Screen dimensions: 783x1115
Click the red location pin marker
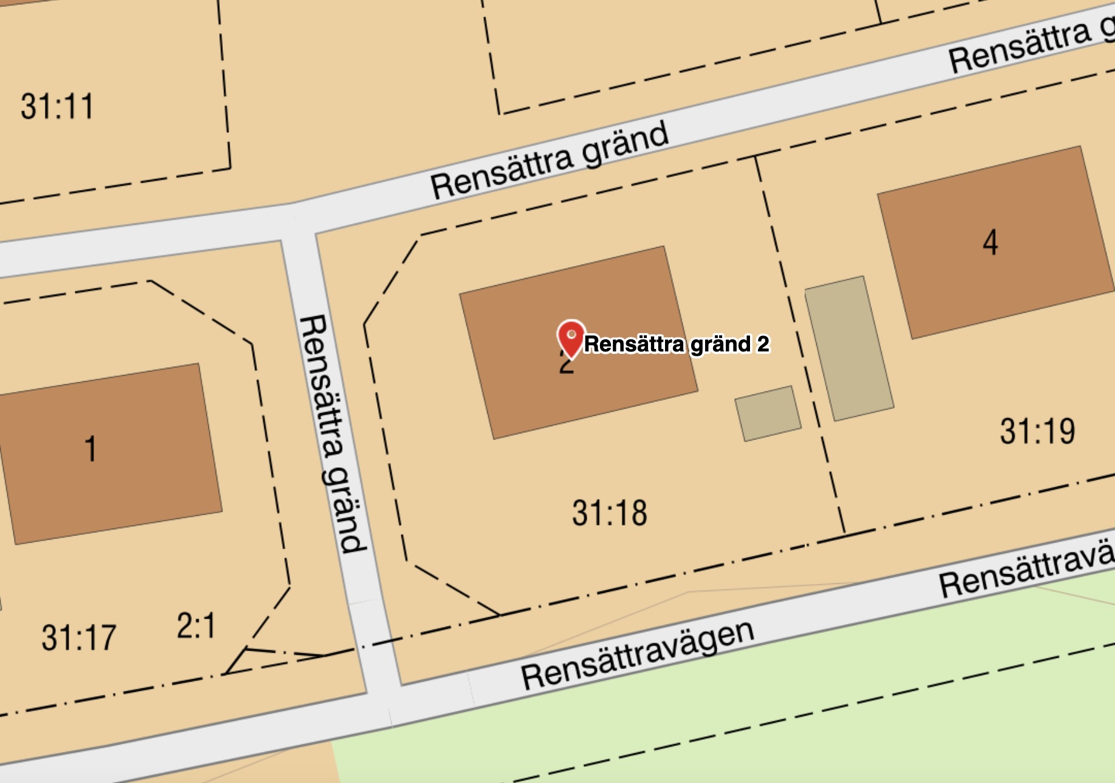pyautogui.click(x=571, y=337)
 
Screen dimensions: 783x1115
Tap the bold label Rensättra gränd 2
pyautogui.click(x=677, y=344)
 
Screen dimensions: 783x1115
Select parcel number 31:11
pyautogui.click(x=57, y=106)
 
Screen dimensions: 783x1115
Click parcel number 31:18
pyautogui.click(x=610, y=513)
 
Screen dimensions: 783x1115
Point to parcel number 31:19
pyautogui.click(x=1037, y=432)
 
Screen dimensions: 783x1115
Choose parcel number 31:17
pyautogui.click(x=78, y=637)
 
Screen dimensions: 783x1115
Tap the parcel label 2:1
pyautogui.click(x=196, y=626)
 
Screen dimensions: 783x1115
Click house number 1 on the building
pyautogui.click(x=90, y=449)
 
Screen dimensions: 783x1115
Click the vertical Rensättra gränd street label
pyautogui.click(x=332, y=433)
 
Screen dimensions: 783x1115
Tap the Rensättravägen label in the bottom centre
pyautogui.click(x=637, y=656)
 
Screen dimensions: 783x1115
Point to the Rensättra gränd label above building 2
pyautogui.click(x=550, y=161)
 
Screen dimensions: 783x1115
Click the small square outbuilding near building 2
pyautogui.click(x=768, y=413)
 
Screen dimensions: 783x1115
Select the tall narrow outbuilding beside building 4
pyautogui.click(x=848, y=348)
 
